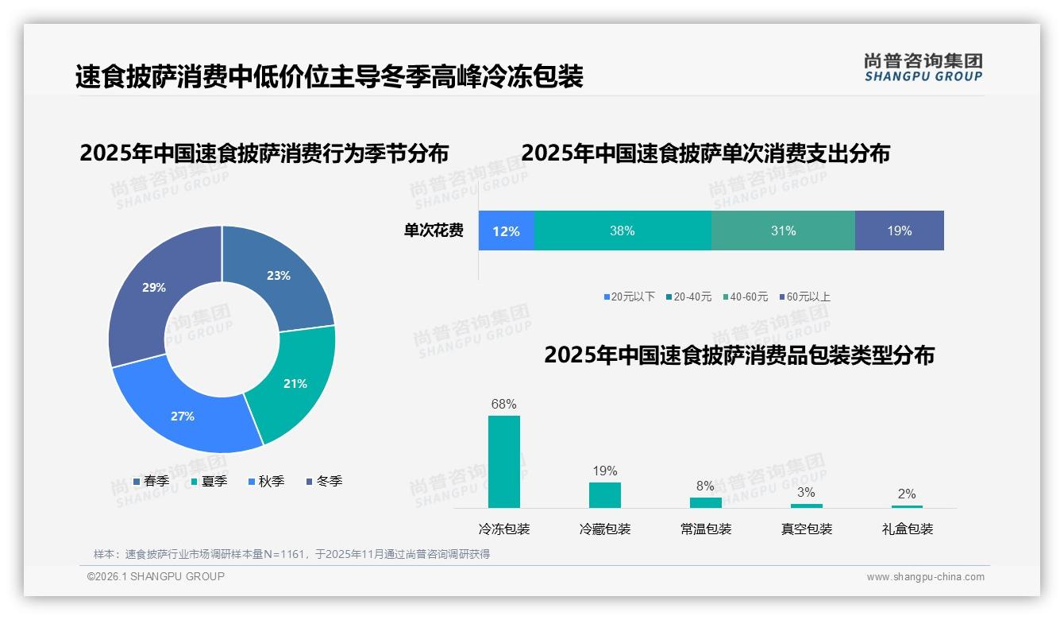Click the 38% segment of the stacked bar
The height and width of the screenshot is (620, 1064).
623,231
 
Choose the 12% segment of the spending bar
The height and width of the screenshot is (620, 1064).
506,231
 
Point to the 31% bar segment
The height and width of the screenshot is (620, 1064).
783,231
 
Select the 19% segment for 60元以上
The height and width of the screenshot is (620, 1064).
899,231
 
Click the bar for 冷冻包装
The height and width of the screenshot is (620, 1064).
504,462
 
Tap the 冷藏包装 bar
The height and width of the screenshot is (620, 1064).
605,495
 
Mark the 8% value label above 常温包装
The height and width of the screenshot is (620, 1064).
705,486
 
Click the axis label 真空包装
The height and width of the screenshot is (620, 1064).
806,529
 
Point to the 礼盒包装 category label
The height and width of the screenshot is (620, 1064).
907,529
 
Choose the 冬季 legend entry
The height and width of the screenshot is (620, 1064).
323,481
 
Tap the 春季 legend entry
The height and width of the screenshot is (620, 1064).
151,481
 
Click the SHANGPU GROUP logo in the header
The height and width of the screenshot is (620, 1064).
923,68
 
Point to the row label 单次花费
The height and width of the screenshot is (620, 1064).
434,231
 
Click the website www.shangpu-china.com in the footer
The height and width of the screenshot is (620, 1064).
925,576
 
